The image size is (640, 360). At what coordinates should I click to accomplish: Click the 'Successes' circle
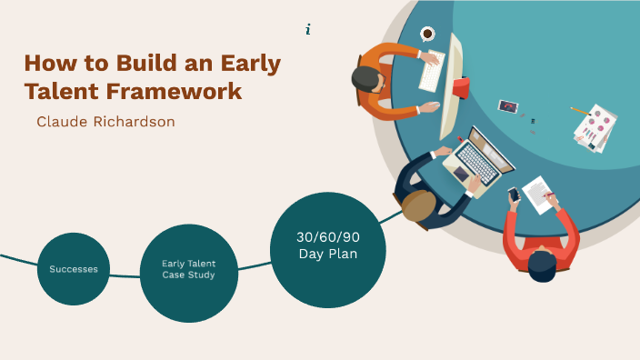(x=74, y=269)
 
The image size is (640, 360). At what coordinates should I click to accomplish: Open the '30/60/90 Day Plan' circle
(x=328, y=245)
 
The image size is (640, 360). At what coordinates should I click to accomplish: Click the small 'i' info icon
(x=308, y=30)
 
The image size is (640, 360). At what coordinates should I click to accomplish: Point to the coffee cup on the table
(x=427, y=34)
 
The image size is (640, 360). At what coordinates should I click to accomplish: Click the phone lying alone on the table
(x=507, y=106)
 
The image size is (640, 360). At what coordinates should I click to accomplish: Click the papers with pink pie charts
(x=596, y=127)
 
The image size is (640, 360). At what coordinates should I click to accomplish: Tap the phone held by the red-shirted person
(x=514, y=194)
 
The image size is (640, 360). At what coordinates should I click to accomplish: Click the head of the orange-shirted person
(x=368, y=78)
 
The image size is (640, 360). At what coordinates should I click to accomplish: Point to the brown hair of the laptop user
(x=419, y=205)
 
